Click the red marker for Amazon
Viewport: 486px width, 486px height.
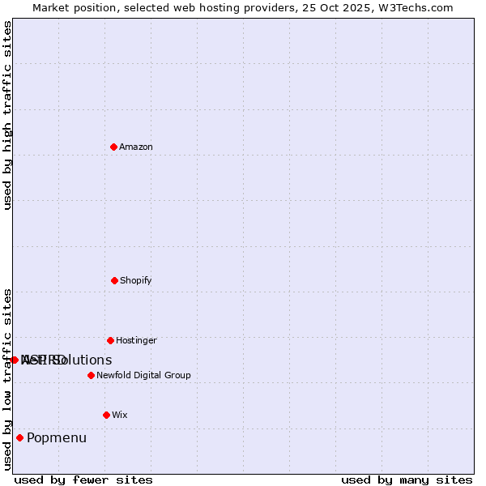(113, 147)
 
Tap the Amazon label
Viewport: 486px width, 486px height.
(136, 147)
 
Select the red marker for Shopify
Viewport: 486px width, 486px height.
(114, 280)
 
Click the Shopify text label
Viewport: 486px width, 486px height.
(136, 281)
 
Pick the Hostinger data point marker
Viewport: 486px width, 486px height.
(110, 340)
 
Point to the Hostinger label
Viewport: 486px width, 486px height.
(136, 341)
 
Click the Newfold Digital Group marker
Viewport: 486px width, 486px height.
(91, 375)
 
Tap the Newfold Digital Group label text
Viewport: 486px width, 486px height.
(143, 376)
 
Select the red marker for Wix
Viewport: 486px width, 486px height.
(106, 415)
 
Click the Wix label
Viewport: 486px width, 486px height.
(120, 416)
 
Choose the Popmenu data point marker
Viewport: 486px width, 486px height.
(19, 437)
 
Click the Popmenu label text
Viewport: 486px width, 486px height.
(57, 438)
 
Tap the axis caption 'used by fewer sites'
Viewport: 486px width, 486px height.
(83, 480)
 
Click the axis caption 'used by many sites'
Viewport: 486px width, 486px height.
(407, 480)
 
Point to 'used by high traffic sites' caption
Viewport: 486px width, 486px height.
(7, 115)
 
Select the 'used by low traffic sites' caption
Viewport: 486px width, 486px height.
(7, 379)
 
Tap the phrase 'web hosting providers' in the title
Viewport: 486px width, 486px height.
(225, 8)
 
